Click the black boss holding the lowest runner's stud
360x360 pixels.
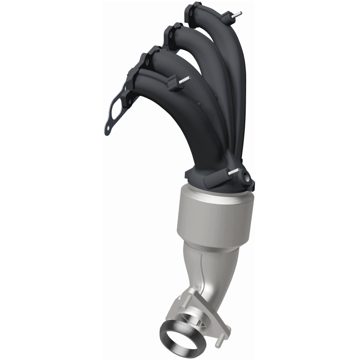(x=173, y=85)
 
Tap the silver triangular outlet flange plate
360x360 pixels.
(x=198, y=310)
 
